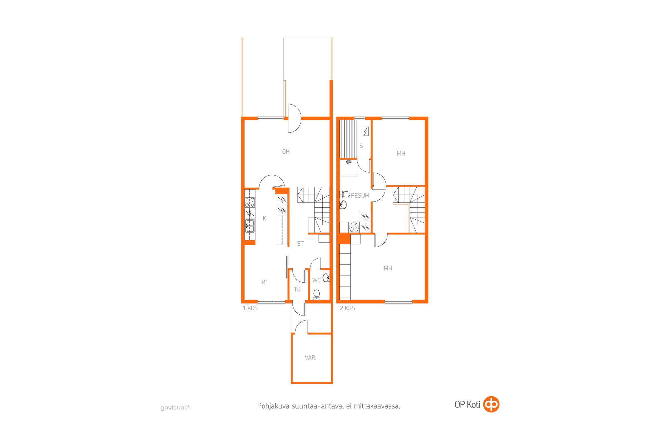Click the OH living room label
(x=286, y=152)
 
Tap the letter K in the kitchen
(x=264, y=219)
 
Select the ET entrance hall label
(x=300, y=243)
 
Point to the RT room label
(x=265, y=282)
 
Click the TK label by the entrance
(x=297, y=289)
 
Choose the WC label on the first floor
(x=316, y=280)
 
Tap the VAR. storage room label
(x=310, y=358)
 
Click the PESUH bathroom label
(x=360, y=195)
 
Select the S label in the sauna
(x=361, y=146)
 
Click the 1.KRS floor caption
(x=250, y=308)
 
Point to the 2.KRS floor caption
(x=347, y=308)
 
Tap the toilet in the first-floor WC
(x=316, y=294)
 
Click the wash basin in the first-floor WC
(x=326, y=277)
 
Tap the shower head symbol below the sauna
(x=348, y=162)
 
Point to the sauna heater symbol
(x=365, y=131)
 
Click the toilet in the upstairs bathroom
(x=345, y=195)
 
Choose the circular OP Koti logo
(x=491, y=404)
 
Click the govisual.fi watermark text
(x=176, y=408)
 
